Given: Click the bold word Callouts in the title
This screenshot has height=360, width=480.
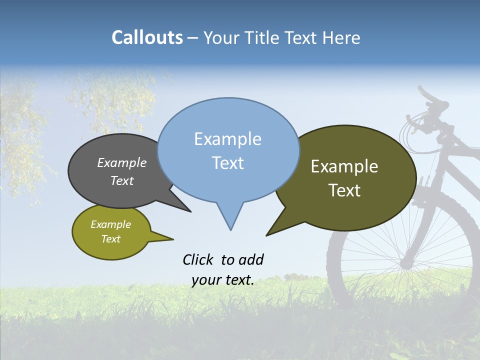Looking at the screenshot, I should pos(147,37).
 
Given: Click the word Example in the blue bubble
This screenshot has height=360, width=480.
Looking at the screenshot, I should pos(227,139).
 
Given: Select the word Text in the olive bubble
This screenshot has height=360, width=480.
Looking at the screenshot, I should pos(344,190).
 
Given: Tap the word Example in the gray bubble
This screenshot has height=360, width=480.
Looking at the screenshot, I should pos(121,163).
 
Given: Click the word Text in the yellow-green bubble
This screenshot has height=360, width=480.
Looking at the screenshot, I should pos(110,239).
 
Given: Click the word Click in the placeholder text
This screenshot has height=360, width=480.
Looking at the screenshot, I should pos(199,259).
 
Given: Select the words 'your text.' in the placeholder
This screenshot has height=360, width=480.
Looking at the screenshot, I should pos(223,280).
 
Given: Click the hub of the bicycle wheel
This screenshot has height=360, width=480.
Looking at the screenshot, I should pos(406,262).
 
